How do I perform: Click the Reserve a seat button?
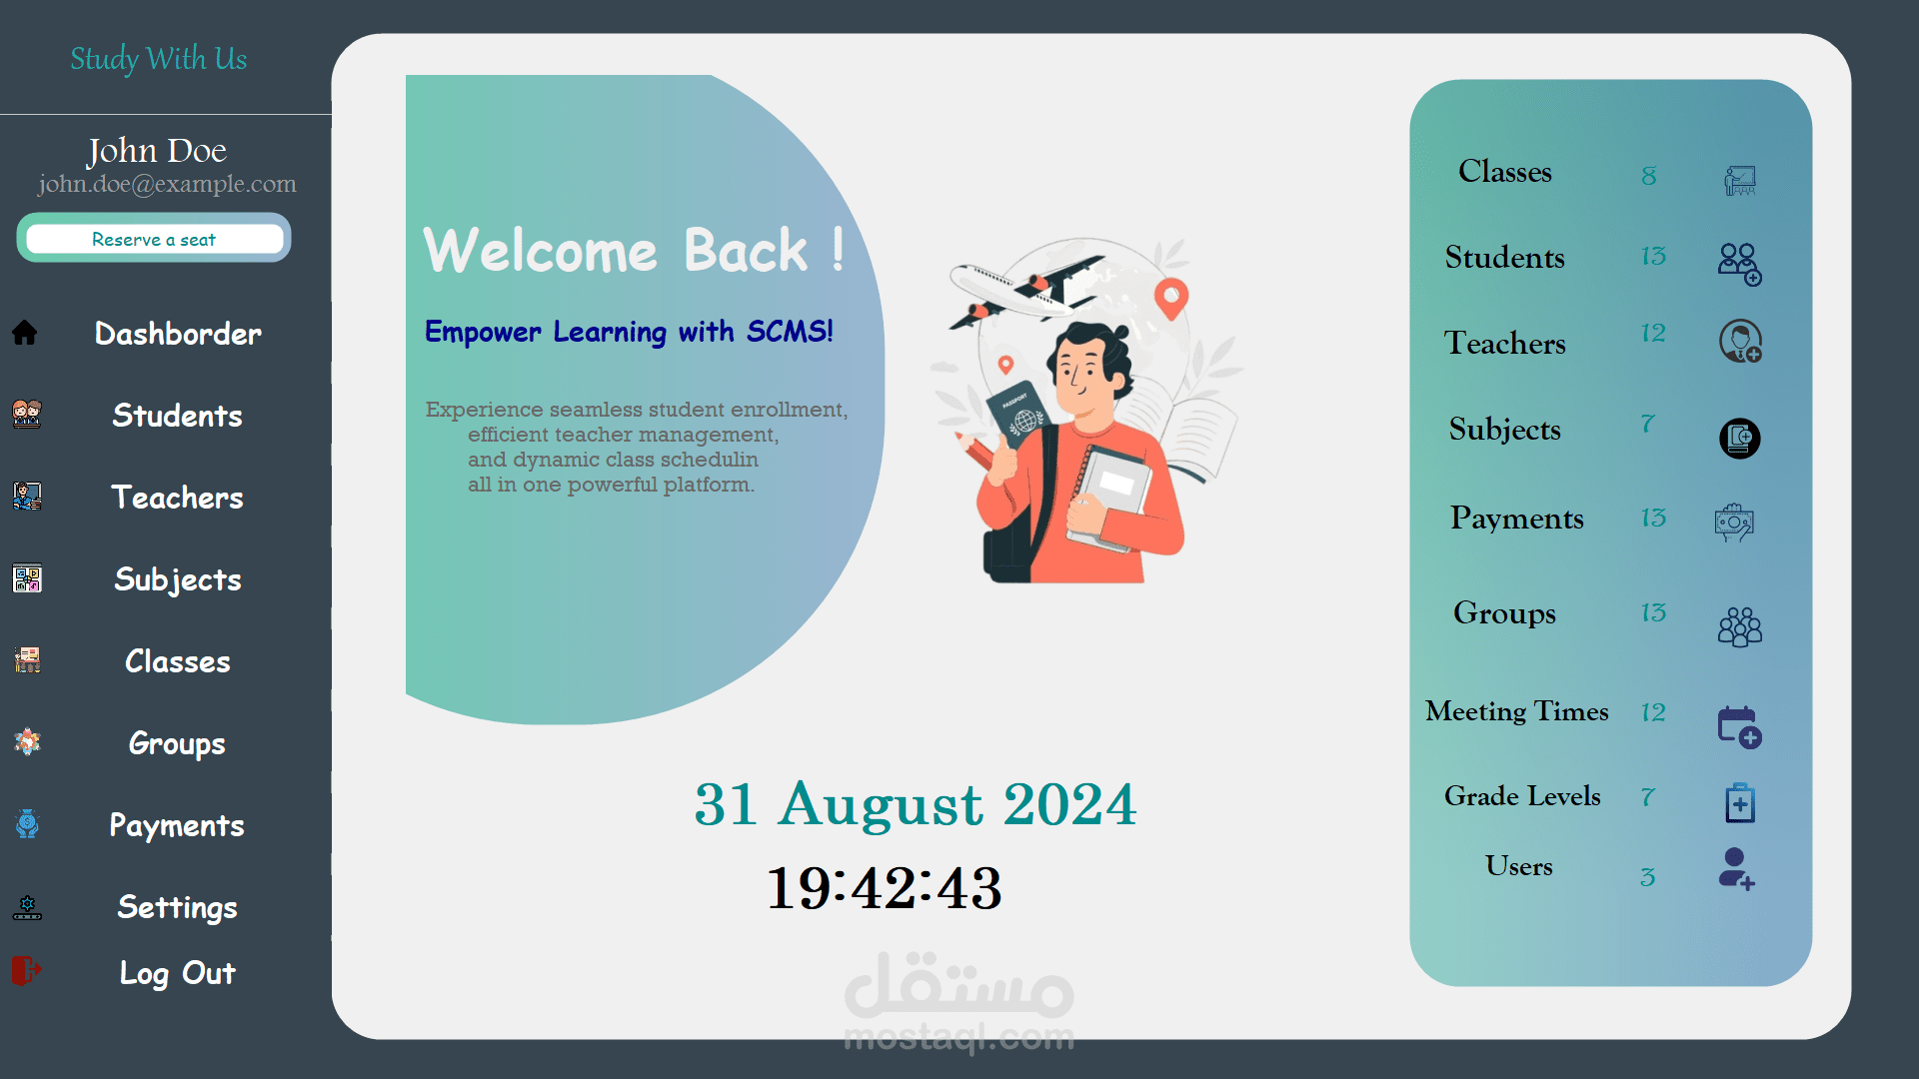(154, 239)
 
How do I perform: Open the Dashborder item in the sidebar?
(178, 334)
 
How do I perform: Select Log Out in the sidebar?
(178, 973)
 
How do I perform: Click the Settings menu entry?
(178, 907)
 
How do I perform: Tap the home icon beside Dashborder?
(25, 333)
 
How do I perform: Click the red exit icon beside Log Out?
(26, 970)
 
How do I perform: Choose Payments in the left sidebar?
(177, 825)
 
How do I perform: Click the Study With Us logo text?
(158, 59)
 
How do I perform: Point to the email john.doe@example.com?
(167, 184)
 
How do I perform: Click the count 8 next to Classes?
(1649, 176)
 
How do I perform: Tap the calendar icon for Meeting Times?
(1739, 727)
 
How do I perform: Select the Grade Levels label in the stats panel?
(1522, 796)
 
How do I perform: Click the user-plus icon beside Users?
(1737, 869)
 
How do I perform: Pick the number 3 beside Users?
(1648, 877)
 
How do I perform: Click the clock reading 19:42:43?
(885, 888)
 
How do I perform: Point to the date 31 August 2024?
(916, 804)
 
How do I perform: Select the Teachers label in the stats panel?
(1504, 344)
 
